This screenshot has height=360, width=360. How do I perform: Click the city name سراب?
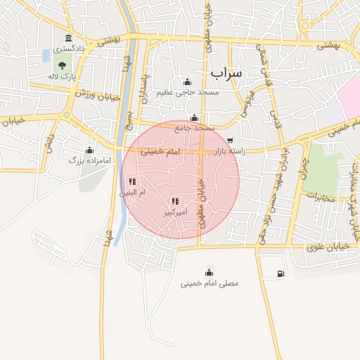(x=226, y=72)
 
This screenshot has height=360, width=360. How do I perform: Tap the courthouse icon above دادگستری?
(x=68, y=38)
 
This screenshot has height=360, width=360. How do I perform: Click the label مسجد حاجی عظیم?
(x=188, y=92)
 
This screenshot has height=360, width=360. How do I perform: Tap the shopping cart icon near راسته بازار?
(x=231, y=141)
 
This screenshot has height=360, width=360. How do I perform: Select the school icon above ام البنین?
(x=132, y=181)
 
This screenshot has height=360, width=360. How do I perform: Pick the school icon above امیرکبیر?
(x=174, y=201)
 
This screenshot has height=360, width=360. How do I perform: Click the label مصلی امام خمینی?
(x=209, y=283)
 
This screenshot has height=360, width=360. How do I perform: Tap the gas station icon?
(x=281, y=274)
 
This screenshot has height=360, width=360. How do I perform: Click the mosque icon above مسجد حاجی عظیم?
(x=187, y=82)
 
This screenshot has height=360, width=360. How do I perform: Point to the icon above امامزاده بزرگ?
(x=89, y=150)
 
